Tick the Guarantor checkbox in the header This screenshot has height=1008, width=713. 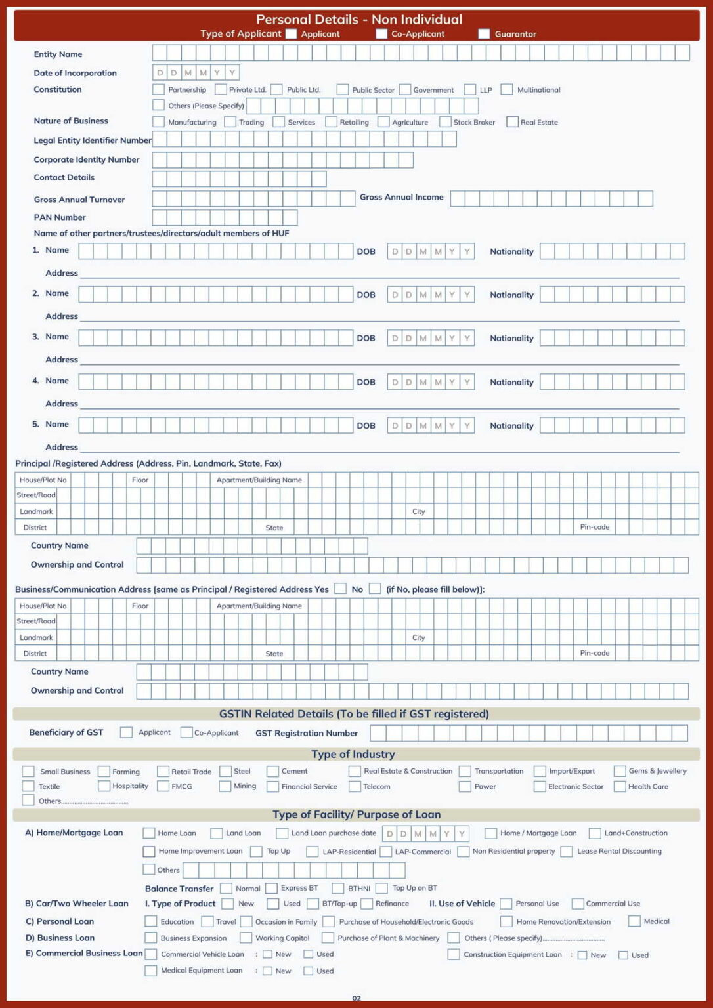pos(484,33)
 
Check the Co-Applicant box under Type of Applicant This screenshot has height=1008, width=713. pos(381,33)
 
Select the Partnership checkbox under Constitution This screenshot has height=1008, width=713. pos(158,89)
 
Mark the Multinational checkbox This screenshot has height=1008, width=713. pos(507,89)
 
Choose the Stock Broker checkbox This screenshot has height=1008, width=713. pos(445,122)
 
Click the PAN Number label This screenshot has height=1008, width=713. pos(60,217)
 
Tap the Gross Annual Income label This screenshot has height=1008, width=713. pos(401,197)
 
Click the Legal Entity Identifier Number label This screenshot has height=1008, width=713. pos(93,140)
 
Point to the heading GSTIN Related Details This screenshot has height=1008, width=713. pos(354,714)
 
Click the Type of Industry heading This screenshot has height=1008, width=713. pos(353,754)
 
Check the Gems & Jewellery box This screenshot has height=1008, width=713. pos(620,771)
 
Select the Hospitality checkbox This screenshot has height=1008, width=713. pos(104,786)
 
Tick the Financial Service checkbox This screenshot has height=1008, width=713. pos(273,786)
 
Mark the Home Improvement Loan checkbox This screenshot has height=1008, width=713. pos(149,851)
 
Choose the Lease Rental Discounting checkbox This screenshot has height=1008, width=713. pos(567,851)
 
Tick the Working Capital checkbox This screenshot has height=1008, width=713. pos(246,938)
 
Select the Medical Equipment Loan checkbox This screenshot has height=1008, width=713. pos(150,971)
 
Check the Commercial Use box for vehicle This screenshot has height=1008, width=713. pos(578,904)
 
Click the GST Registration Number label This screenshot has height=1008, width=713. pos(307,733)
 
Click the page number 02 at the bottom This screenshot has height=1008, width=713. pos(356,998)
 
